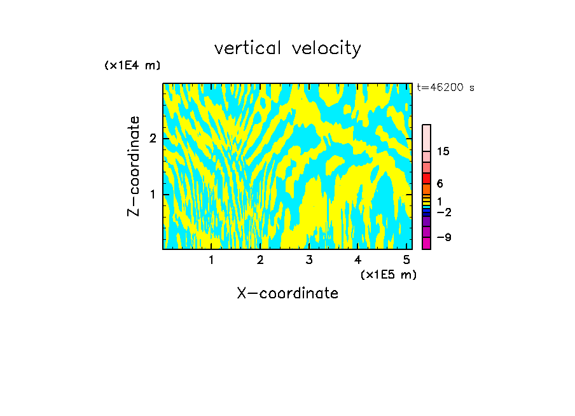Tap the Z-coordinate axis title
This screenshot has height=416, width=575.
coord(134,166)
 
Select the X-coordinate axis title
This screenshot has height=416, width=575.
coord(287,293)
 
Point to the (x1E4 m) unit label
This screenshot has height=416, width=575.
coord(132,65)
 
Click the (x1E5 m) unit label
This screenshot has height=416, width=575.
coord(388,274)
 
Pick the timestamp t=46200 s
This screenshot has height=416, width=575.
coord(446,88)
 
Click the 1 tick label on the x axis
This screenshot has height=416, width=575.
coord(211,260)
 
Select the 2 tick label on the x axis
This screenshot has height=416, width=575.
coord(260,260)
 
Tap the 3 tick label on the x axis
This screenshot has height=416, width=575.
coord(309,260)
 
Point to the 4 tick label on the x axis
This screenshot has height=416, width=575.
coord(358,260)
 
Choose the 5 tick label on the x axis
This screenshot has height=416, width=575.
coord(407,260)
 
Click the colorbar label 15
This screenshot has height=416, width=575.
coord(443,151)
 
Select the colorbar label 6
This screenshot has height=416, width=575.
coord(440,184)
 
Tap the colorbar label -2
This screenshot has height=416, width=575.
coord(443,212)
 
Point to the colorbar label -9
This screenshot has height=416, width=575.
coord(443,237)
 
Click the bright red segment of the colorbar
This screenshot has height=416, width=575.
coord(427,178)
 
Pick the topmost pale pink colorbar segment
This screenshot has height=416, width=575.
coord(427,137)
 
